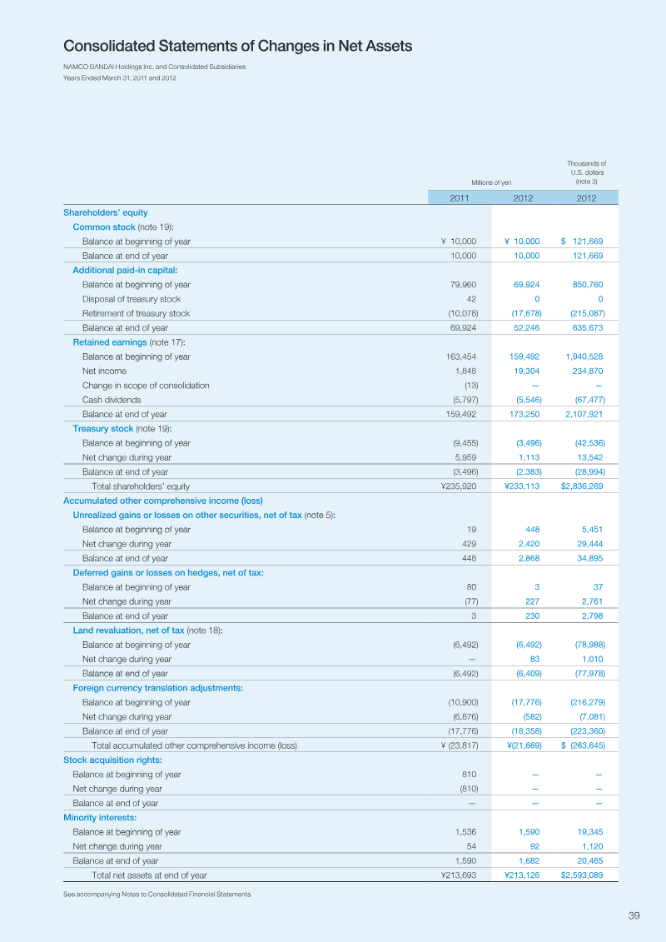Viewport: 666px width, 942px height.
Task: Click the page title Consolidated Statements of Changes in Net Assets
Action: click(x=238, y=47)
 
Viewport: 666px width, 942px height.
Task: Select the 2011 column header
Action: click(x=460, y=197)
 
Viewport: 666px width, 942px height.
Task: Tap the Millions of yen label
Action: click(x=491, y=182)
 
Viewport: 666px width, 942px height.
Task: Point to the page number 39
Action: click(x=634, y=915)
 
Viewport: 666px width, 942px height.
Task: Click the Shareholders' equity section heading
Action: click(x=106, y=212)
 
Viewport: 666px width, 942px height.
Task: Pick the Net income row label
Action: click(x=105, y=371)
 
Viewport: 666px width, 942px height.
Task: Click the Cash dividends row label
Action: click(x=112, y=400)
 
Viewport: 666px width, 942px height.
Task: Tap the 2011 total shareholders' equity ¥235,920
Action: click(x=459, y=486)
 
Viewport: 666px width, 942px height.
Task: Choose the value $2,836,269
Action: click(x=582, y=486)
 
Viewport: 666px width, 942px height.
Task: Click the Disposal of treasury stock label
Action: click(x=132, y=299)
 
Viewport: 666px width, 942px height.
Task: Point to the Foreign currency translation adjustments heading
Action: click(x=158, y=688)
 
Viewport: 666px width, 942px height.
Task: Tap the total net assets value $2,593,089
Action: click(x=582, y=875)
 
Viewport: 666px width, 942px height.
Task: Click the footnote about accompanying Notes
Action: click(x=158, y=894)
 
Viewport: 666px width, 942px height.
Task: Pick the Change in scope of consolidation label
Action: click(x=146, y=386)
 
